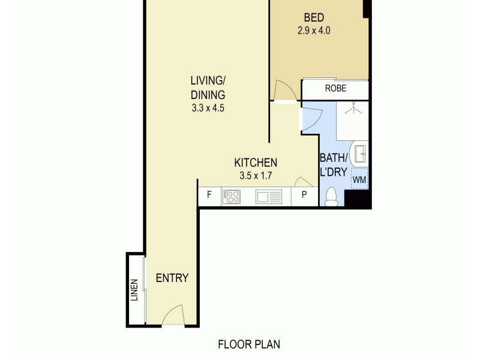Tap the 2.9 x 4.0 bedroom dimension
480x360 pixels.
[x=314, y=30]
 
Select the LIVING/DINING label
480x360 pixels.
[x=208, y=88]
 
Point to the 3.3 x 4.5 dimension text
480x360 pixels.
[x=208, y=109]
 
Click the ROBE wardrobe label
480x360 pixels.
[x=335, y=89]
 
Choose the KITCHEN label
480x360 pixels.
[x=255, y=163]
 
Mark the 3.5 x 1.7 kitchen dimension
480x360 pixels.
[x=255, y=176]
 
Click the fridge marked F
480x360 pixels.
[x=209, y=195]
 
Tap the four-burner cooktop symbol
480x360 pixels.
[x=232, y=196]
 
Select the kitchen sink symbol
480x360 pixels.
[x=268, y=196]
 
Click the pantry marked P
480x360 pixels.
[x=304, y=195]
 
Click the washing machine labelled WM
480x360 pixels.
[x=359, y=179]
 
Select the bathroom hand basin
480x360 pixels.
[x=361, y=154]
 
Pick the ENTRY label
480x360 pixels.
[x=172, y=278]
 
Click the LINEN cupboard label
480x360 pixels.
[x=134, y=290]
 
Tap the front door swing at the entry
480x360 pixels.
[x=172, y=315]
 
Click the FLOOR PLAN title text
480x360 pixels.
[x=249, y=344]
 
